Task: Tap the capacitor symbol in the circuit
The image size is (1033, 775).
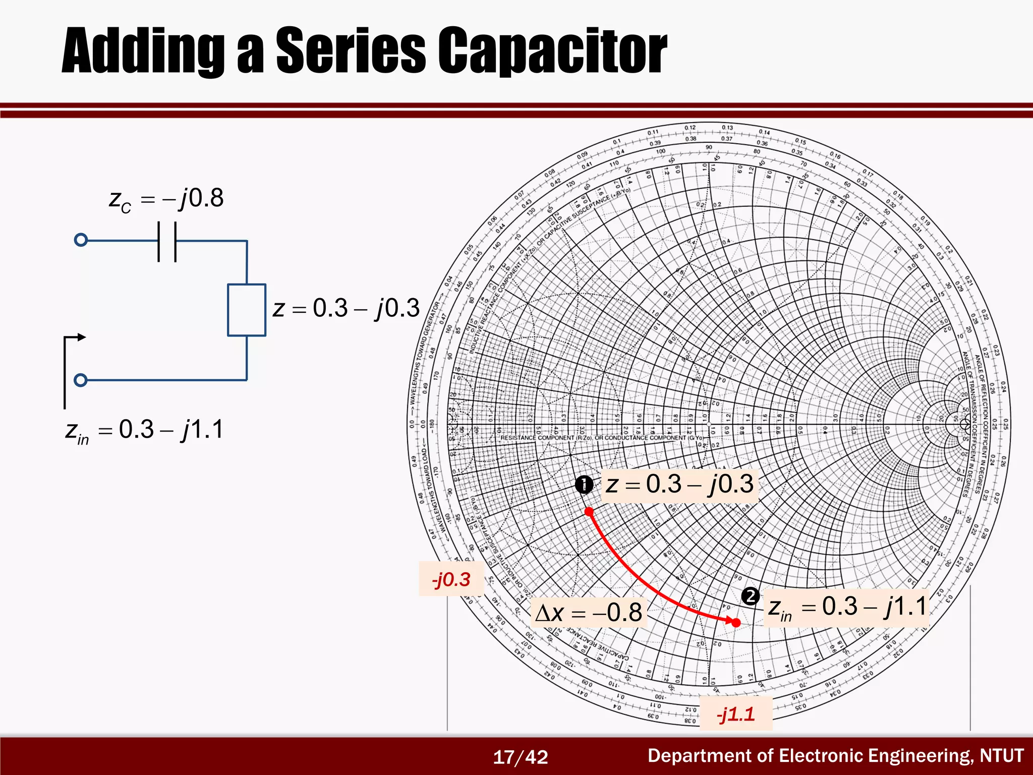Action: pyautogui.click(x=167, y=241)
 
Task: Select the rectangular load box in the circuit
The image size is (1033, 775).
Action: pyautogui.click(x=247, y=310)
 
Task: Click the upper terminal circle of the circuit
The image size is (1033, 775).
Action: pyautogui.click(x=81, y=240)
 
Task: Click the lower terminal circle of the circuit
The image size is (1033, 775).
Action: pyautogui.click(x=81, y=380)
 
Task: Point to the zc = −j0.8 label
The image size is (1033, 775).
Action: pyautogui.click(x=166, y=199)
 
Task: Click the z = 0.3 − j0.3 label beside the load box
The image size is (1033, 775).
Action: pyautogui.click(x=346, y=308)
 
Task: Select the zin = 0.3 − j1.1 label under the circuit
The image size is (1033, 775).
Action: pyautogui.click(x=144, y=431)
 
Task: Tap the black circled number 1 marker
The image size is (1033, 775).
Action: pyautogui.click(x=584, y=485)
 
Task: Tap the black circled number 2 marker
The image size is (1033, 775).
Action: pyautogui.click(x=750, y=596)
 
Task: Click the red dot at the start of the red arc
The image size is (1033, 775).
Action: pyautogui.click(x=589, y=512)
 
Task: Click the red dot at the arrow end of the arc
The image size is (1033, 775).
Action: pyautogui.click(x=736, y=623)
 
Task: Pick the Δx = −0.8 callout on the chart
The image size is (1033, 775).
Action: pyautogui.click(x=589, y=613)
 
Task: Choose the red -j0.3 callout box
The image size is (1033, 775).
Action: pyautogui.click(x=451, y=579)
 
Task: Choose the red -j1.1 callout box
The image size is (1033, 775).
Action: pyautogui.click(x=735, y=714)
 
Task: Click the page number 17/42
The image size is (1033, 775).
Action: pyautogui.click(x=520, y=757)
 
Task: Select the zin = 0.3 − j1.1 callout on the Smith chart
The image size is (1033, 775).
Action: pyautogui.click(x=847, y=607)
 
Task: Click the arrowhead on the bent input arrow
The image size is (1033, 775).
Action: pyautogui.click(x=81, y=337)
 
